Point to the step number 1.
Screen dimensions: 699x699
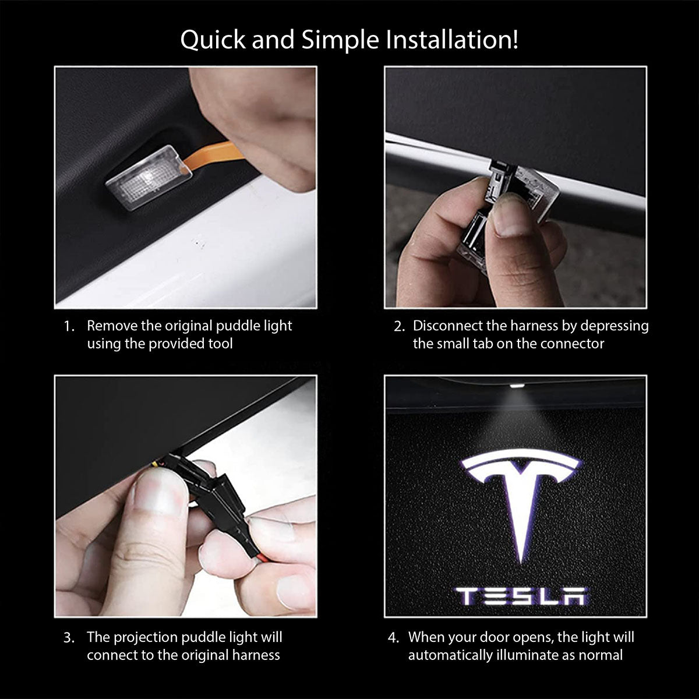[69, 326]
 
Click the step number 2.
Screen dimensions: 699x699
[399, 326]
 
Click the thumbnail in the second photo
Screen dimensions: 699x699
[511, 216]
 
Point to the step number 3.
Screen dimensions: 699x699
[69, 638]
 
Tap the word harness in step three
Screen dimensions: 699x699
[256, 655]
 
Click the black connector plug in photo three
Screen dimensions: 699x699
[213, 495]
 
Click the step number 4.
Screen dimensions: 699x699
[394, 638]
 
